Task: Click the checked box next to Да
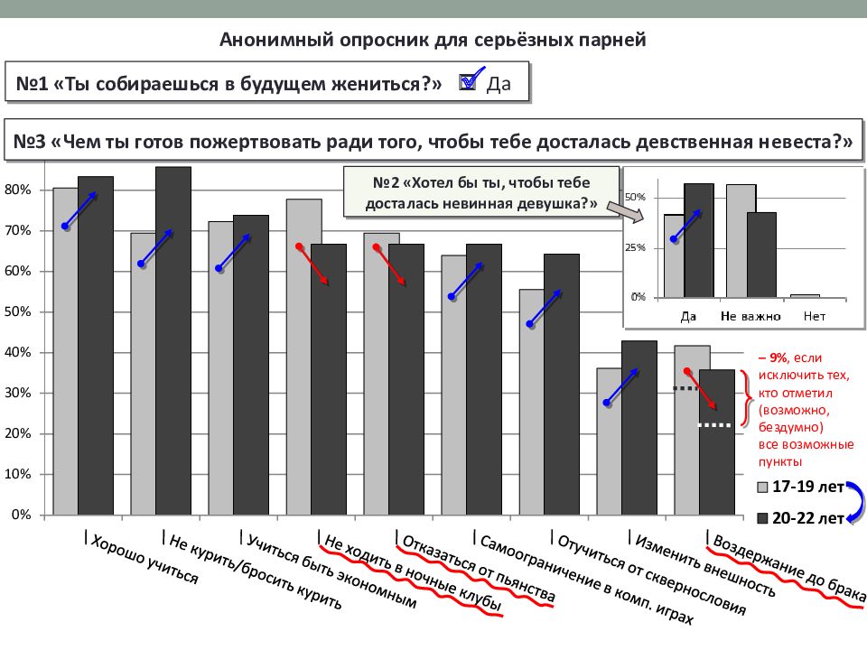pos(468,82)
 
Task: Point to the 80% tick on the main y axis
pos(19,190)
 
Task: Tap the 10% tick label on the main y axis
pos(19,475)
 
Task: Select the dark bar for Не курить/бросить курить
pos(172,343)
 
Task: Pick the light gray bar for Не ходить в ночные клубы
pos(303,361)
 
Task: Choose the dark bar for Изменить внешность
pos(639,429)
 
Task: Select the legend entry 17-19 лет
pos(799,487)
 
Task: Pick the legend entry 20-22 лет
pos(799,518)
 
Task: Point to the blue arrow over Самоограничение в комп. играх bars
pos(467,281)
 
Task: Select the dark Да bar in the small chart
pos(698,240)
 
